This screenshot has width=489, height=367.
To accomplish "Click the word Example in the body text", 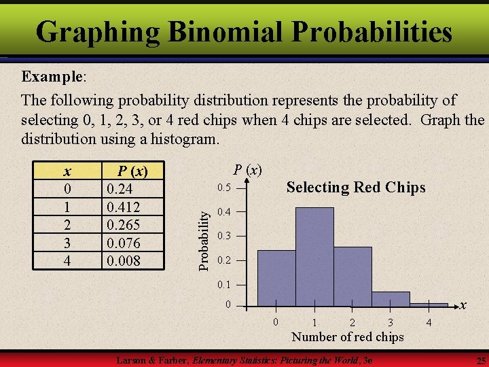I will coord(52,75).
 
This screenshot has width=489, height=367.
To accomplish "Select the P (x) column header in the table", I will coord(132,170).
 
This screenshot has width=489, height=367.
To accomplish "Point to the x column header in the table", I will coord(66,170).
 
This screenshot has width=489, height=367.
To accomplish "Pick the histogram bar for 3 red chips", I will coord(391,299).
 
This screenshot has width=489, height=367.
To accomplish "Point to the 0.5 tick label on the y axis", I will coord(224,188).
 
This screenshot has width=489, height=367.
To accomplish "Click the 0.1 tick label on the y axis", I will coord(224,284).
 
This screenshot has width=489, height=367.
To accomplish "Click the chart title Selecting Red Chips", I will coord(356,188).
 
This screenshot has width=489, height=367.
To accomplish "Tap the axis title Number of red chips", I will coord(347,337).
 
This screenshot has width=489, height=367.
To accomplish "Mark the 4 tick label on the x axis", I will coord(429,322).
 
